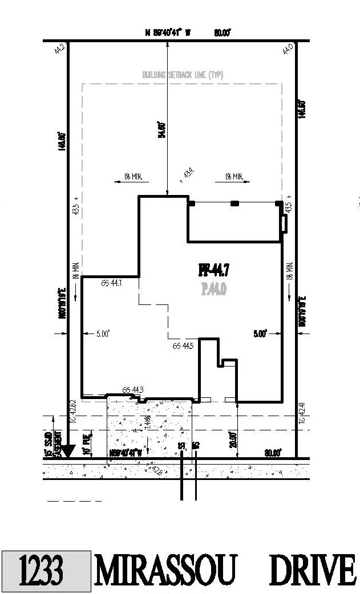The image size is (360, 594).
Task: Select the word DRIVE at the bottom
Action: (313, 571)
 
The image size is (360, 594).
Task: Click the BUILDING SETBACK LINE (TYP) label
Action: (182, 75)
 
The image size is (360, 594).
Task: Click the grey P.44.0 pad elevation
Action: (213, 290)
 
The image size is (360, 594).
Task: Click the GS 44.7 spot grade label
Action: (111, 282)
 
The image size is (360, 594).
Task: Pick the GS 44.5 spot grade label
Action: (183, 345)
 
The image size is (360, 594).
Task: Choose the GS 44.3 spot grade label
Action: (133, 390)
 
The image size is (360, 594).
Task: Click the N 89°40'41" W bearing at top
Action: (167, 33)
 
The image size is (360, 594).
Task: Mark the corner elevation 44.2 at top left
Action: (58, 49)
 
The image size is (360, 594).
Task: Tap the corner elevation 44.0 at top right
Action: (288, 49)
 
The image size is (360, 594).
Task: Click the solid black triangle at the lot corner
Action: (68, 451)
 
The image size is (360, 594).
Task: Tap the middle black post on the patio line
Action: (234, 203)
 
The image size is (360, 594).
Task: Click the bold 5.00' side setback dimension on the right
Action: (260, 335)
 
